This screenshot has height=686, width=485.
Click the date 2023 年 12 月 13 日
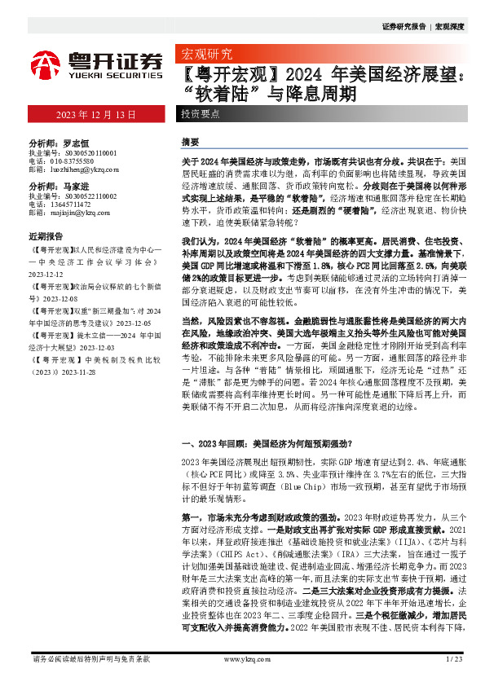pos(96,115)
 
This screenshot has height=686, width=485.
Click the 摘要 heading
pos(190,141)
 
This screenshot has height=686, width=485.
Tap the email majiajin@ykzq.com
pos(80,213)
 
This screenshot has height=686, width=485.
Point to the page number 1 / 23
pos(454,657)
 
